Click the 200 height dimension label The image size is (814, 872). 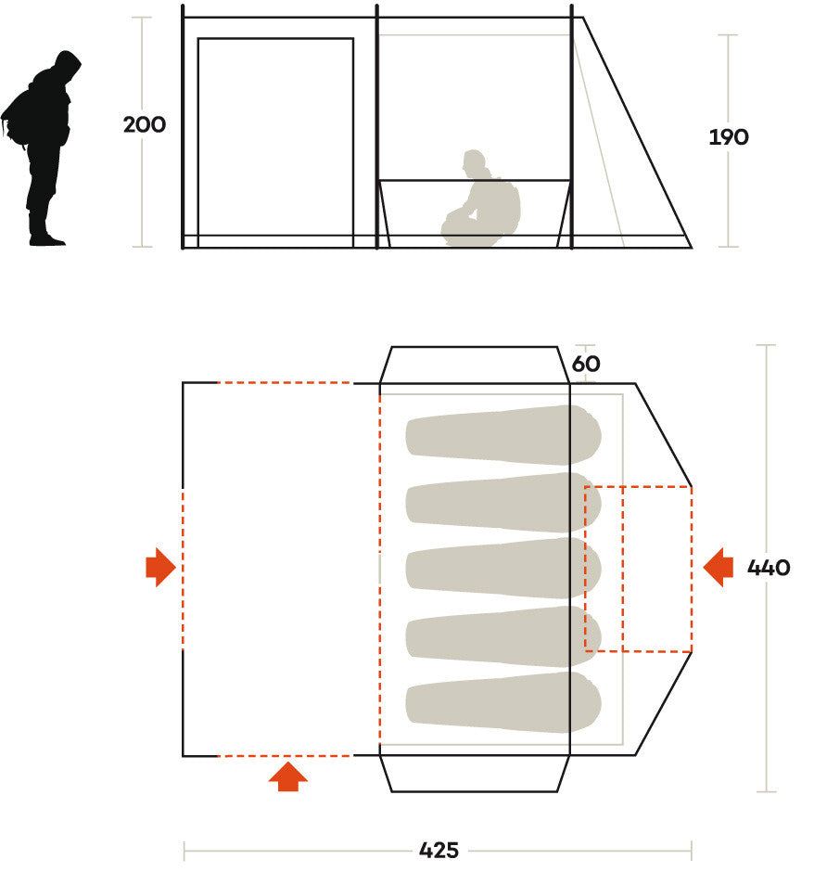pyautogui.click(x=144, y=124)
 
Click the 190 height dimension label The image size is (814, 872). pyautogui.click(x=729, y=136)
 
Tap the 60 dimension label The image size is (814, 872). pyautogui.click(x=586, y=364)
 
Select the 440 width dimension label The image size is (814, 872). pyautogui.click(x=769, y=567)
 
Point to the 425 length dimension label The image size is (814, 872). pyautogui.click(x=439, y=851)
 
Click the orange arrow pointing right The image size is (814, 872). pyautogui.click(x=160, y=567)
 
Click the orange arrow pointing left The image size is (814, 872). pyautogui.click(x=718, y=567)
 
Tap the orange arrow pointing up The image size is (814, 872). pyautogui.click(x=287, y=776)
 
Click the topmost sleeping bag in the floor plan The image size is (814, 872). pyautogui.click(x=502, y=434)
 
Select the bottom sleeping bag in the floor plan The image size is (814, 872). pyautogui.click(x=502, y=702)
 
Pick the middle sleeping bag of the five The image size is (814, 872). pyautogui.click(x=502, y=568)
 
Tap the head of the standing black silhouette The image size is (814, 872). pyautogui.click(x=68, y=66)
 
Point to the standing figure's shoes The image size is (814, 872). pyautogui.click(x=47, y=239)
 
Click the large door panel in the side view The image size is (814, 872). pyautogui.click(x=275, y=142)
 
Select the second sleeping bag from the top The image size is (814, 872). pyautogui.click(x=502, y=502)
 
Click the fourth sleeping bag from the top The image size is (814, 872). pyautogui.click(x=502, y=635)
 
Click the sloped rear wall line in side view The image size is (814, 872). pyautogui.click(x=637, y=133)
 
